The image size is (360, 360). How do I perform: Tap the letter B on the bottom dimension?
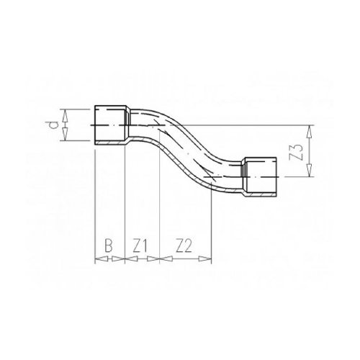tap(109, 246)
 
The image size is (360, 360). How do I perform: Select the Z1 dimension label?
tap(140, 246)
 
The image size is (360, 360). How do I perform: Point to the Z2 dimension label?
tap(184, 246)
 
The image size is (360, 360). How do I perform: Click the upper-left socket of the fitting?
tap(112, 126)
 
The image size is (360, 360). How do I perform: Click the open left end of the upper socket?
tap(96, 126)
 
